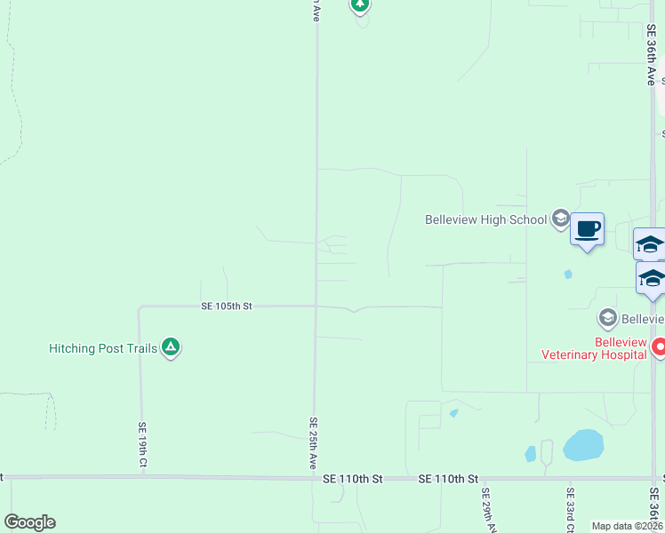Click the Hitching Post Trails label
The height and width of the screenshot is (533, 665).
(103, 348)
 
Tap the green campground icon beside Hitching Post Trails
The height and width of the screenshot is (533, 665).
(171, 348)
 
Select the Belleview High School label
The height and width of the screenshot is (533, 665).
(485, 219)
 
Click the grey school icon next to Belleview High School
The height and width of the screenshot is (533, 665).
(560, 218)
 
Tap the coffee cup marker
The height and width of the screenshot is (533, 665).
(587, 230)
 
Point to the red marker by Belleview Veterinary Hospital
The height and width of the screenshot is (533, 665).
(658, 346)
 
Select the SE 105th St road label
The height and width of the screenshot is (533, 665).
(227, 306)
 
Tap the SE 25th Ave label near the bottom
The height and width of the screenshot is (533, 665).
(314, 443)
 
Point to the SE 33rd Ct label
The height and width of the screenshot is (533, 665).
(570, 509)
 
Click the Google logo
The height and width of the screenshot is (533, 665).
(29, 522)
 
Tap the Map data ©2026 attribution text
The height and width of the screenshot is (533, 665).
(627, 526)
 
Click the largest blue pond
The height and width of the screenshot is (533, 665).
(582, 444)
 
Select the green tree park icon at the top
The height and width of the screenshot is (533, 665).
(359, 5)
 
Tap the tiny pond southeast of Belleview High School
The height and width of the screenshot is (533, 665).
(568, 274)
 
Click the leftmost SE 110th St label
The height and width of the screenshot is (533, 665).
(352, 479)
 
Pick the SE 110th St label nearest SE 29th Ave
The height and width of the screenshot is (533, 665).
(448, 479)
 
